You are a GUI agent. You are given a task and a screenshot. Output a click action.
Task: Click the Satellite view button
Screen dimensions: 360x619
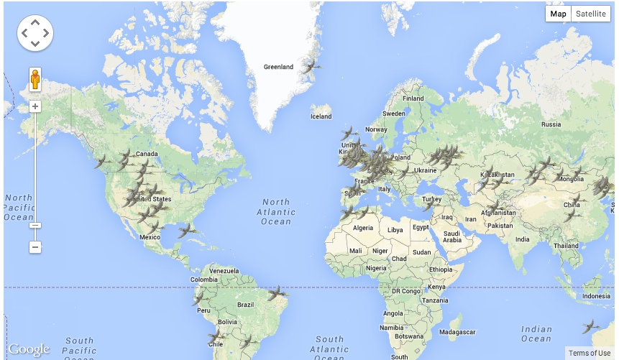(x=591, y=14)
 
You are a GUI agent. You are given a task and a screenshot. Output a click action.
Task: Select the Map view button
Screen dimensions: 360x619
(x=559, y=14)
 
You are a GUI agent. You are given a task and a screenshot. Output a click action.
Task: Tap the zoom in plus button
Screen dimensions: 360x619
(x=35, y=107)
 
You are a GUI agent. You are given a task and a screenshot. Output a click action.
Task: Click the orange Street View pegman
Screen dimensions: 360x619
(x=35, y=79)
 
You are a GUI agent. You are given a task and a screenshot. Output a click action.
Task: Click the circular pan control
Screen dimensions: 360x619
(x=35, y=33)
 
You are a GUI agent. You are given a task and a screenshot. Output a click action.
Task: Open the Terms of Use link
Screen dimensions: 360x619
(x=589, y=353)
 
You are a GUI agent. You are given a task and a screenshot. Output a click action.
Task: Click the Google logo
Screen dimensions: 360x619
(x=29, y=350)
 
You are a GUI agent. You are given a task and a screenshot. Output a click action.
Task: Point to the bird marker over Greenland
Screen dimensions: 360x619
(x=311, y=67)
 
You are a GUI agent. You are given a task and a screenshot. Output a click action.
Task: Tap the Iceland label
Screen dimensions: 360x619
(x=321, y=116)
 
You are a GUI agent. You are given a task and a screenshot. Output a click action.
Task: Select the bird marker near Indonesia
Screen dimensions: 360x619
(x=591, y=326)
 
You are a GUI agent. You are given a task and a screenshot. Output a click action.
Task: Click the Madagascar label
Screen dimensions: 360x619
(x=458, y=332)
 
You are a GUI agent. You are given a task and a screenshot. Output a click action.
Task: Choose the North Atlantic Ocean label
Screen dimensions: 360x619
(x=276, y=212)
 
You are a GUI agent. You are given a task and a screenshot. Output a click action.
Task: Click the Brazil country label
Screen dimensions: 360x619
(x=245, y=305)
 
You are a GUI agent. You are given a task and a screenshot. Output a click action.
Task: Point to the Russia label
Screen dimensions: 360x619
(x=551, y=124)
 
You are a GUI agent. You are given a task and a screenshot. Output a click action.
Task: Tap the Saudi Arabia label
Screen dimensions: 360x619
(x=451, y=236)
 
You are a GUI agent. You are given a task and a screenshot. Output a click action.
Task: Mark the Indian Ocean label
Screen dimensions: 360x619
(x=536, y=334)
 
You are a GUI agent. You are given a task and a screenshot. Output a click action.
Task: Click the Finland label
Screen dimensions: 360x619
(x=413, y=98)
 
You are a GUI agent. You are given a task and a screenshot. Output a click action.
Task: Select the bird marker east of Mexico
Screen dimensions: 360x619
(x=188, y=230)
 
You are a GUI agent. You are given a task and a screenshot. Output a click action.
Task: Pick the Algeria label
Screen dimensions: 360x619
(x=362, y=228)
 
